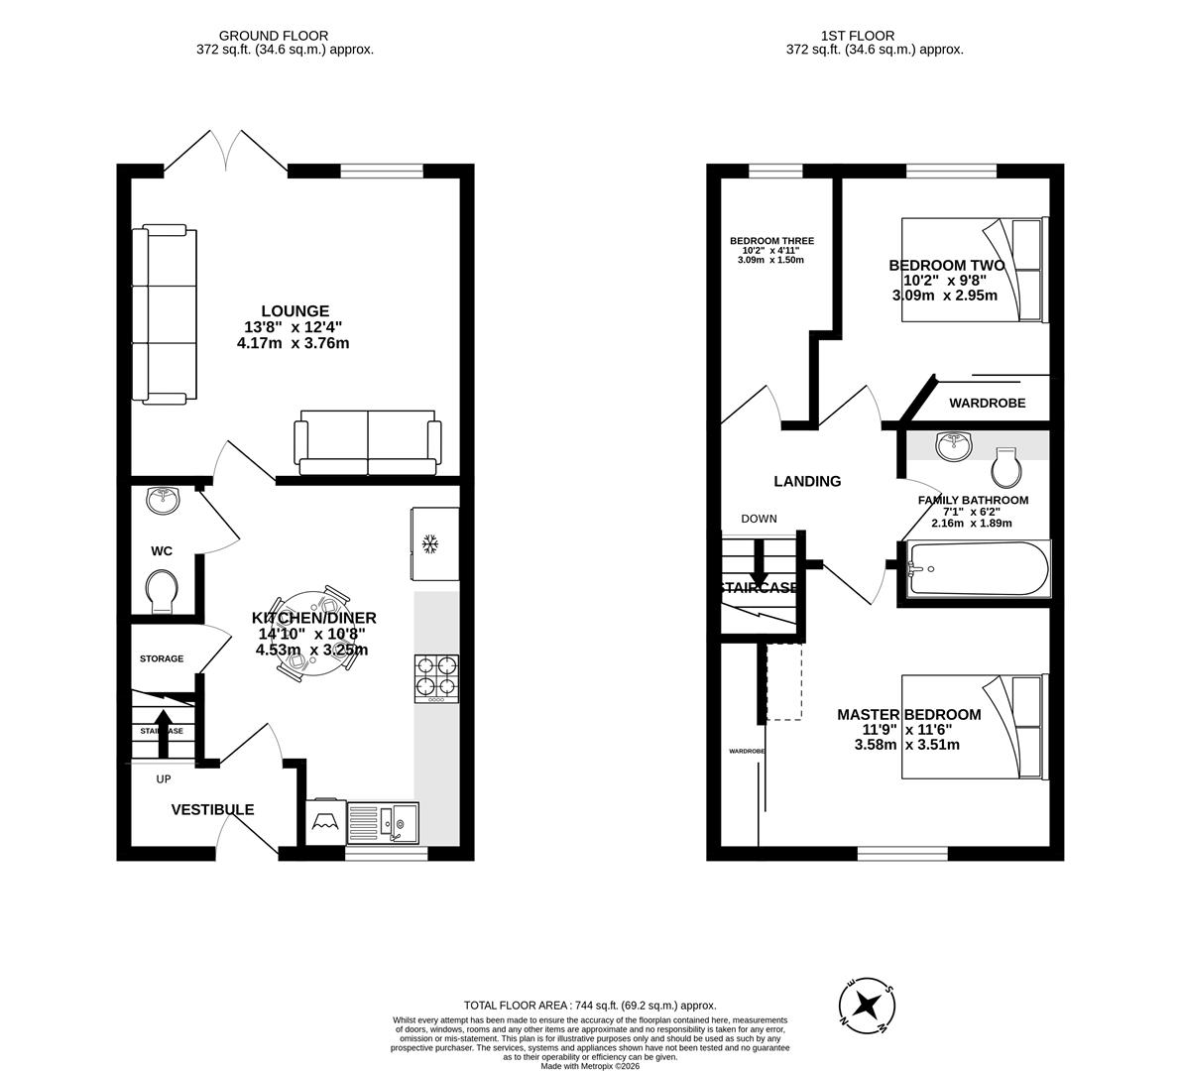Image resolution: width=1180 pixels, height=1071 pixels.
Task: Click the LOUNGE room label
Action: (295, 311)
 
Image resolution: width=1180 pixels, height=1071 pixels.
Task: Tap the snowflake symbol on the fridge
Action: (430, 543)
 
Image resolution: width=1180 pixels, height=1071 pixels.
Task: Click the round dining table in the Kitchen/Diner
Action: (314, 636)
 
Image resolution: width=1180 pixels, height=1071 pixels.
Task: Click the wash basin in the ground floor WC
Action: (164, 500)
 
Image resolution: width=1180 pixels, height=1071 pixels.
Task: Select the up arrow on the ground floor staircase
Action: (163, 719)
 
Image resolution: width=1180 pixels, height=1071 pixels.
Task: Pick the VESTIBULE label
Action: (212, 809)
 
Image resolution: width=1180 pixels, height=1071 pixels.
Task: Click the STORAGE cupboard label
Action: (161, 658)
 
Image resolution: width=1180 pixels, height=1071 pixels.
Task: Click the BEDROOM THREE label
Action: (771, 241)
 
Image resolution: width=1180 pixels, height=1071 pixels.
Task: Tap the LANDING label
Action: (807, 481)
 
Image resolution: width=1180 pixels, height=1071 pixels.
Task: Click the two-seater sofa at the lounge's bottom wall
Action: (368, 442)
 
